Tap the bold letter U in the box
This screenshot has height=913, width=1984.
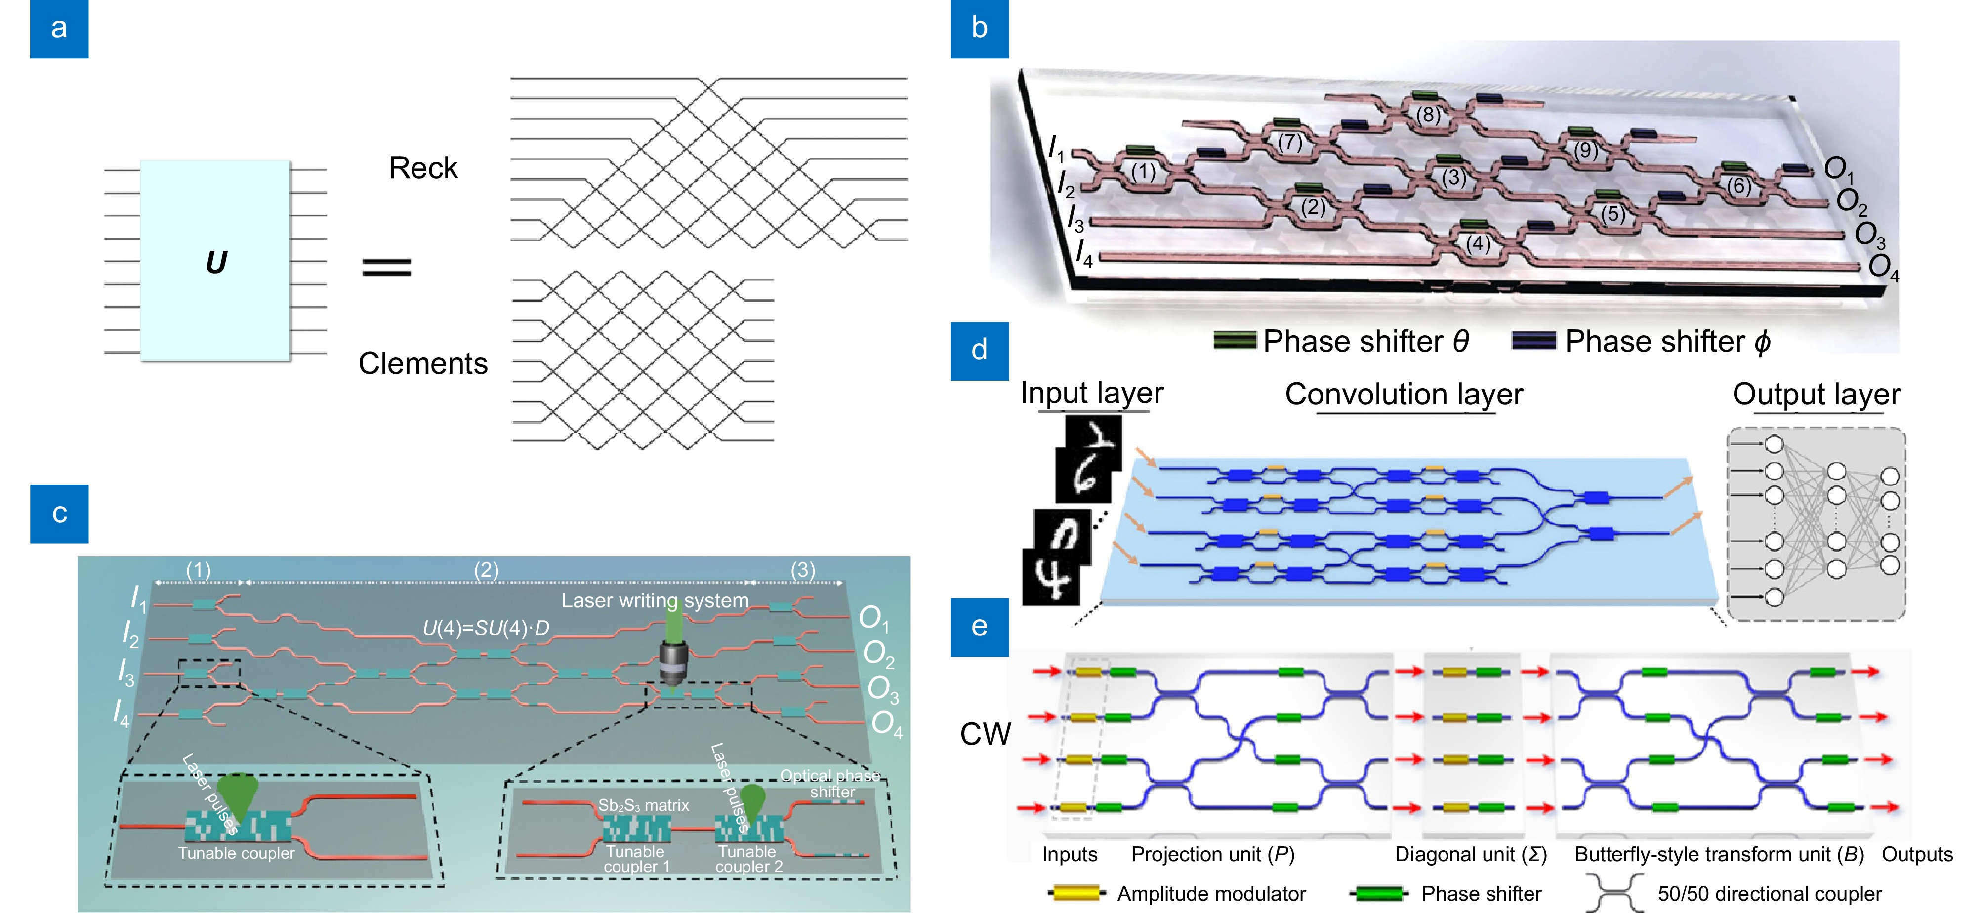tap(216, 263)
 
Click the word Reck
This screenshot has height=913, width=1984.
tap(423, 168)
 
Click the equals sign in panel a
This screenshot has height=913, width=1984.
tap(387, 266)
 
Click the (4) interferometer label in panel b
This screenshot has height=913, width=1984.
tap(1477, 244)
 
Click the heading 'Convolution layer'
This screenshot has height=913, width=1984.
tap(1404, 394)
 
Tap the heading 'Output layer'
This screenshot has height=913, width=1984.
tap(1816, 394)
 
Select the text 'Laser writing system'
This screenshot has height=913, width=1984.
tap(655, 600)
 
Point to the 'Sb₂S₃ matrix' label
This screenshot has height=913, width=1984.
tap(643, 805)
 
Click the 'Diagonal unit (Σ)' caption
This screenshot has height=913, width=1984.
tap(1470, 855)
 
